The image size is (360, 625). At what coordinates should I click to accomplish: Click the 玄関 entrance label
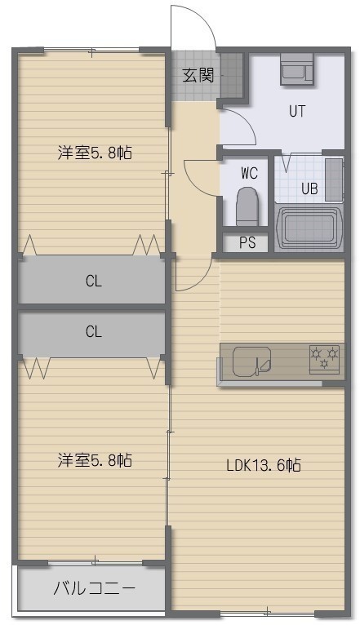click(198, 75)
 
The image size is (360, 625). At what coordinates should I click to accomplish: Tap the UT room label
click(297, 111)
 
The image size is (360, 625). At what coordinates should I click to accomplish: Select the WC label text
click(249, 174)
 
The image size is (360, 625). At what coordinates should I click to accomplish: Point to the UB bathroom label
click(309, 188)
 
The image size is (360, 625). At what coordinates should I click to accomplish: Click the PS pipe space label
click(247, 243)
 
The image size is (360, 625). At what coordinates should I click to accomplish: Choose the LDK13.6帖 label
click(264, 465)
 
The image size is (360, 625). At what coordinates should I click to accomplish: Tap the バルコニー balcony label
click(95, 588)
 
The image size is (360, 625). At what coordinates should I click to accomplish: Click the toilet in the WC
click(247, 206)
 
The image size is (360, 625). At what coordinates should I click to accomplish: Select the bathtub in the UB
click(309, 228)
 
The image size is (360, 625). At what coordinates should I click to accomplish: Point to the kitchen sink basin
click(251, 361)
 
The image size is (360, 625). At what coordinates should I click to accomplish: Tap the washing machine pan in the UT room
click(297, 69)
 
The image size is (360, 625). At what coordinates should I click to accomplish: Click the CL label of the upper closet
click(94, 281)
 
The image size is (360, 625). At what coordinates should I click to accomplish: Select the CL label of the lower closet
click(94, 331)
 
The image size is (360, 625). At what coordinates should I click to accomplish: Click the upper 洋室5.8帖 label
click(95, 153)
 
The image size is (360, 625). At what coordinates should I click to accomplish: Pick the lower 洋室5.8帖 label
click(95, 460)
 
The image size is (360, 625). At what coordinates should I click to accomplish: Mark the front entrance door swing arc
click(202, 17)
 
